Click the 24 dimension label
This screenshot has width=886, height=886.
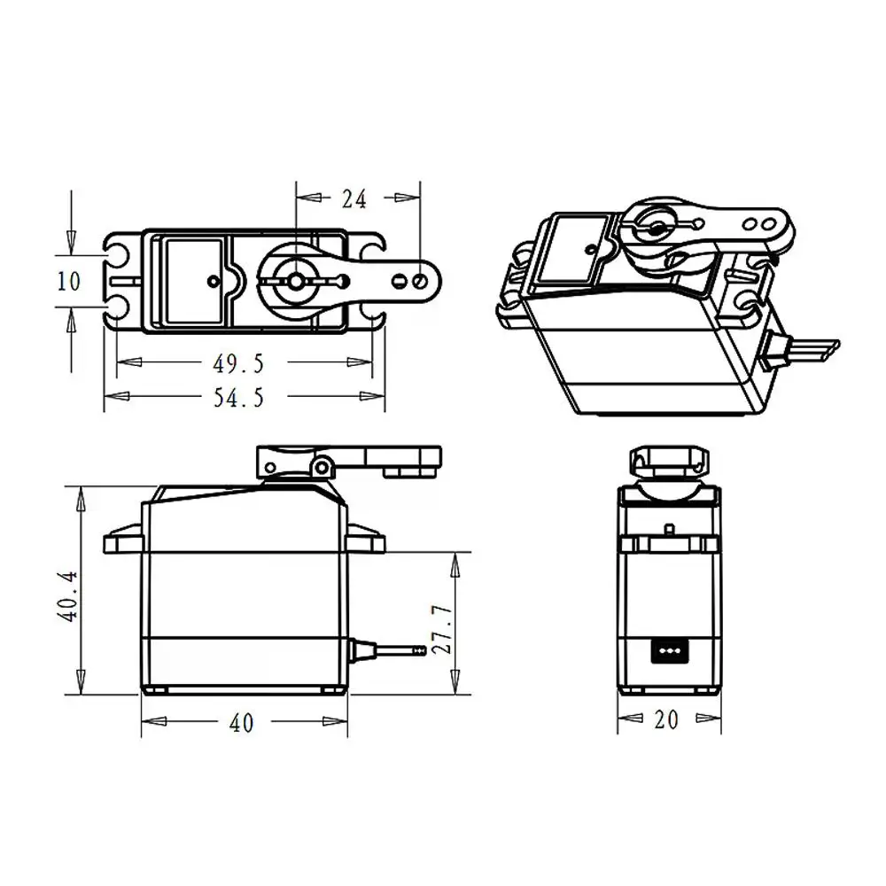tap(354, 199)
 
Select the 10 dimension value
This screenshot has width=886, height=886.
tap(68, 281)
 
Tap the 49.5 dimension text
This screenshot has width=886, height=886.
tap(239, 362)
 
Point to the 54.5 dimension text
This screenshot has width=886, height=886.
tap(239, 398)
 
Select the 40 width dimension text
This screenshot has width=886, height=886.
tap(241, 723)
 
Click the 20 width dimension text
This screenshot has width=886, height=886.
tap(665, 720)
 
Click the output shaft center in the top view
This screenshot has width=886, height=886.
tap(293, 280)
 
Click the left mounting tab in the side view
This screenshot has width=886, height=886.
tap(123, 539)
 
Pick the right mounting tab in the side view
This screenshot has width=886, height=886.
tap(366, 539)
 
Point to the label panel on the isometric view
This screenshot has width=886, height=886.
tap(571, 249)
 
